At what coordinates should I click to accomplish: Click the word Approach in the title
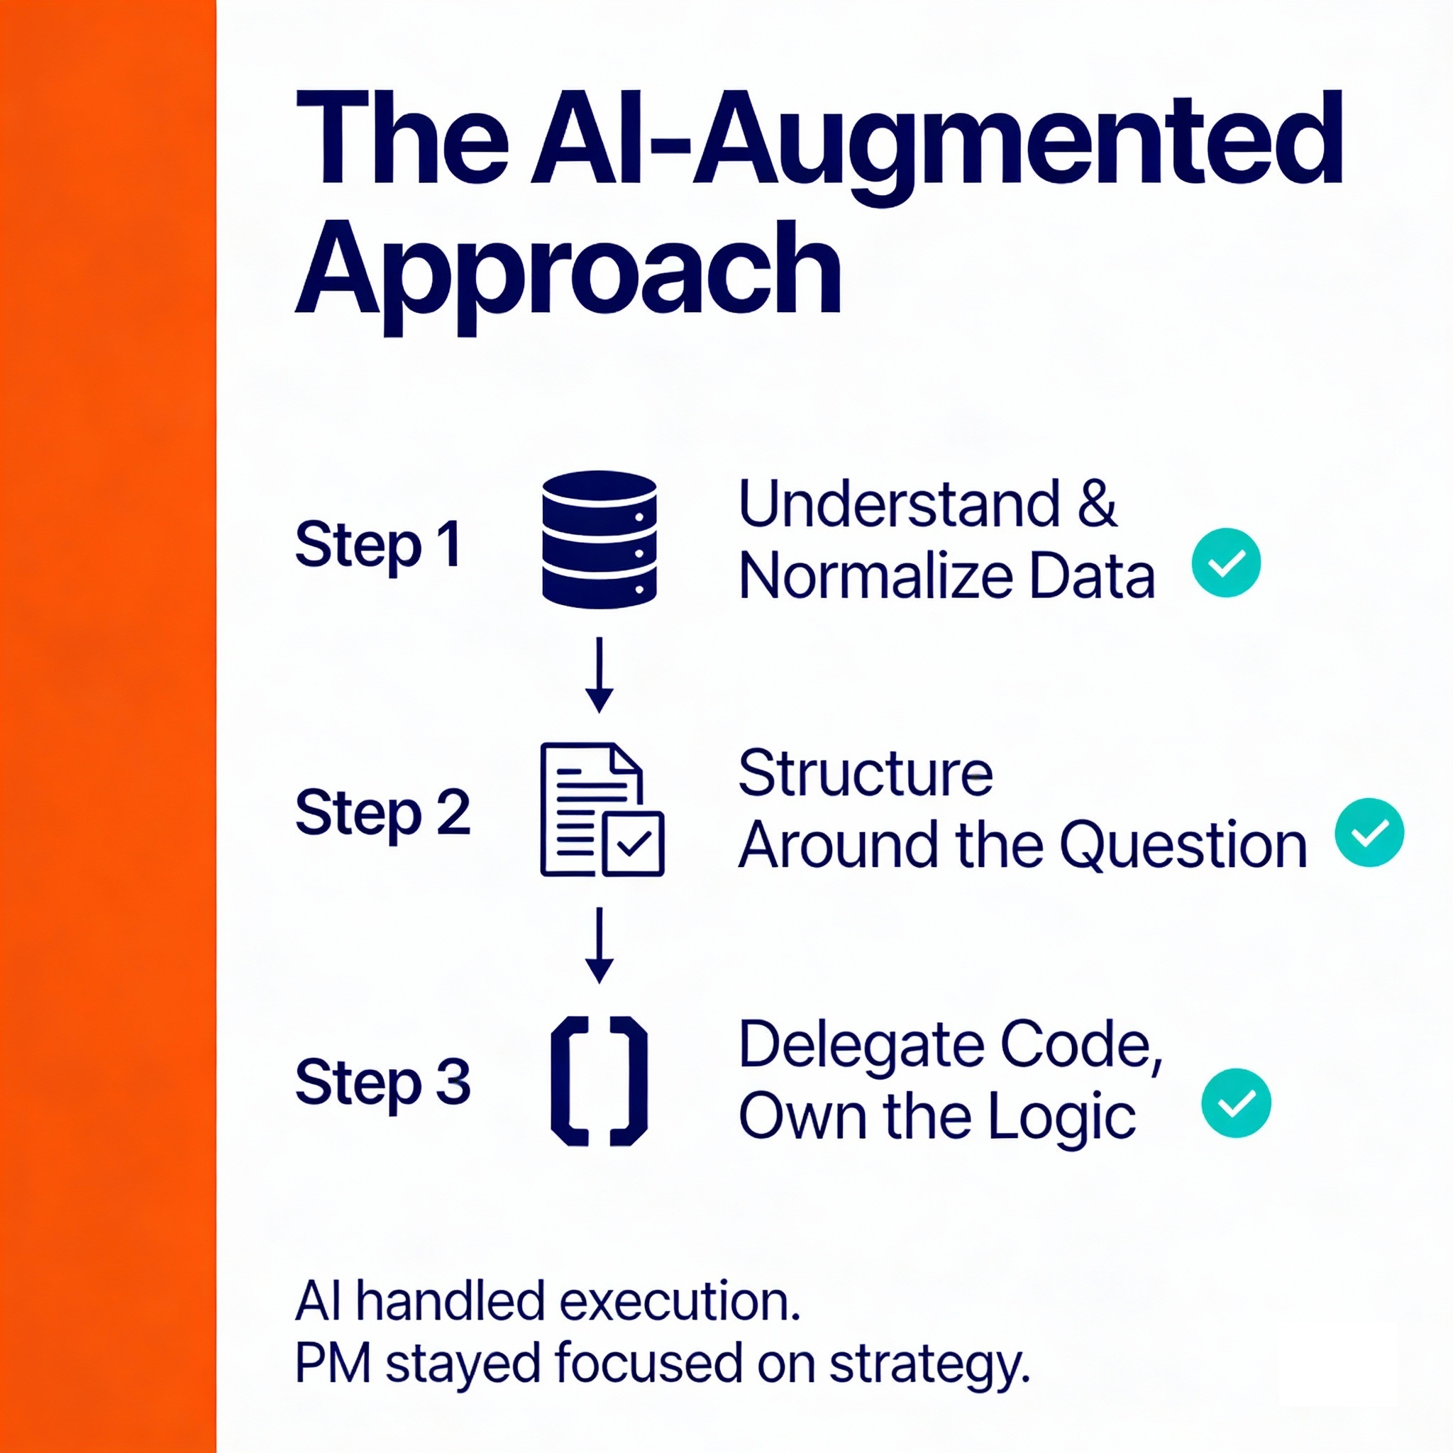(568, 271)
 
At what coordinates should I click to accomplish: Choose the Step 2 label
(382, 814)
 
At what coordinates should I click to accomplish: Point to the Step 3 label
(382, 1083)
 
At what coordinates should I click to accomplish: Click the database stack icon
(600, 538)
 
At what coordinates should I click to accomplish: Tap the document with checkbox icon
(602, 810)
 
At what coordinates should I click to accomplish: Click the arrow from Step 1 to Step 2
(600, 675)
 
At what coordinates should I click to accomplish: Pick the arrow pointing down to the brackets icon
(600, 944)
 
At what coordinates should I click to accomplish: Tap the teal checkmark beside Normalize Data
(1227, 563)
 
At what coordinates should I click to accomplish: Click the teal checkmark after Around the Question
(1369, 832)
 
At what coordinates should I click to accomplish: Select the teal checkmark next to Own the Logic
(1237, 1103)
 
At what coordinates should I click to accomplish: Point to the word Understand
(900, 504)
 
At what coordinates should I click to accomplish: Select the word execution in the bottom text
(680, 1302)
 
